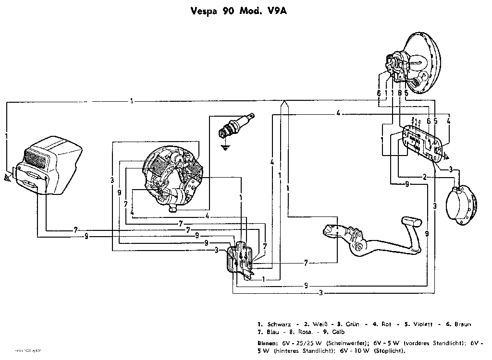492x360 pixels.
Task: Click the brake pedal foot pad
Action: [412, 222]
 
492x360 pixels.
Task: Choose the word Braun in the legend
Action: [463, 324]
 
